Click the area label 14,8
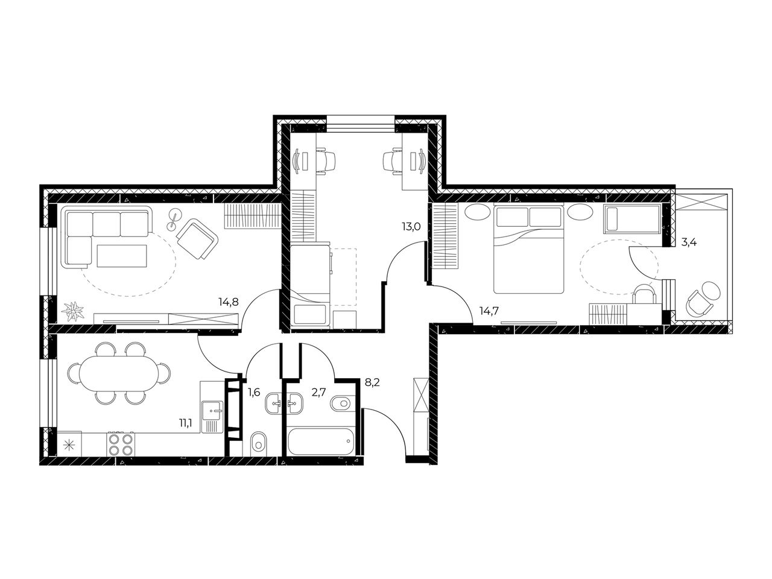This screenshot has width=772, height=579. click(228, 302)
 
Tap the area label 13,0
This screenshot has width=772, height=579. click(411, 227)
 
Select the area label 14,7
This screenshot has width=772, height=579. click(489, 311)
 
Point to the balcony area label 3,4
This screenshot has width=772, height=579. click(689, 242)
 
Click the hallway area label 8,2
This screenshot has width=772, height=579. click(372, 382)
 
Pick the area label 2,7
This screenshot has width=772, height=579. click(319, 391)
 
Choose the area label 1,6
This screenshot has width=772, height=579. click(254, 391)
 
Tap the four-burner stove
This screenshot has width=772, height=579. click(121, 444)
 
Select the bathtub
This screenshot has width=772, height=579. click(321, 441)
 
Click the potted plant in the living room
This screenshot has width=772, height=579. click(73, 311)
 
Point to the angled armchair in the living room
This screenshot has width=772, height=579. click(197, 239)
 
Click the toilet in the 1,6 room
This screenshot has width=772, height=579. click(259, 444)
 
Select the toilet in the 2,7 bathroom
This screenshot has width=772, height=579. click(341, 403)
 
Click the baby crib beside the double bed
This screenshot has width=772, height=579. click(631, 219)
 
